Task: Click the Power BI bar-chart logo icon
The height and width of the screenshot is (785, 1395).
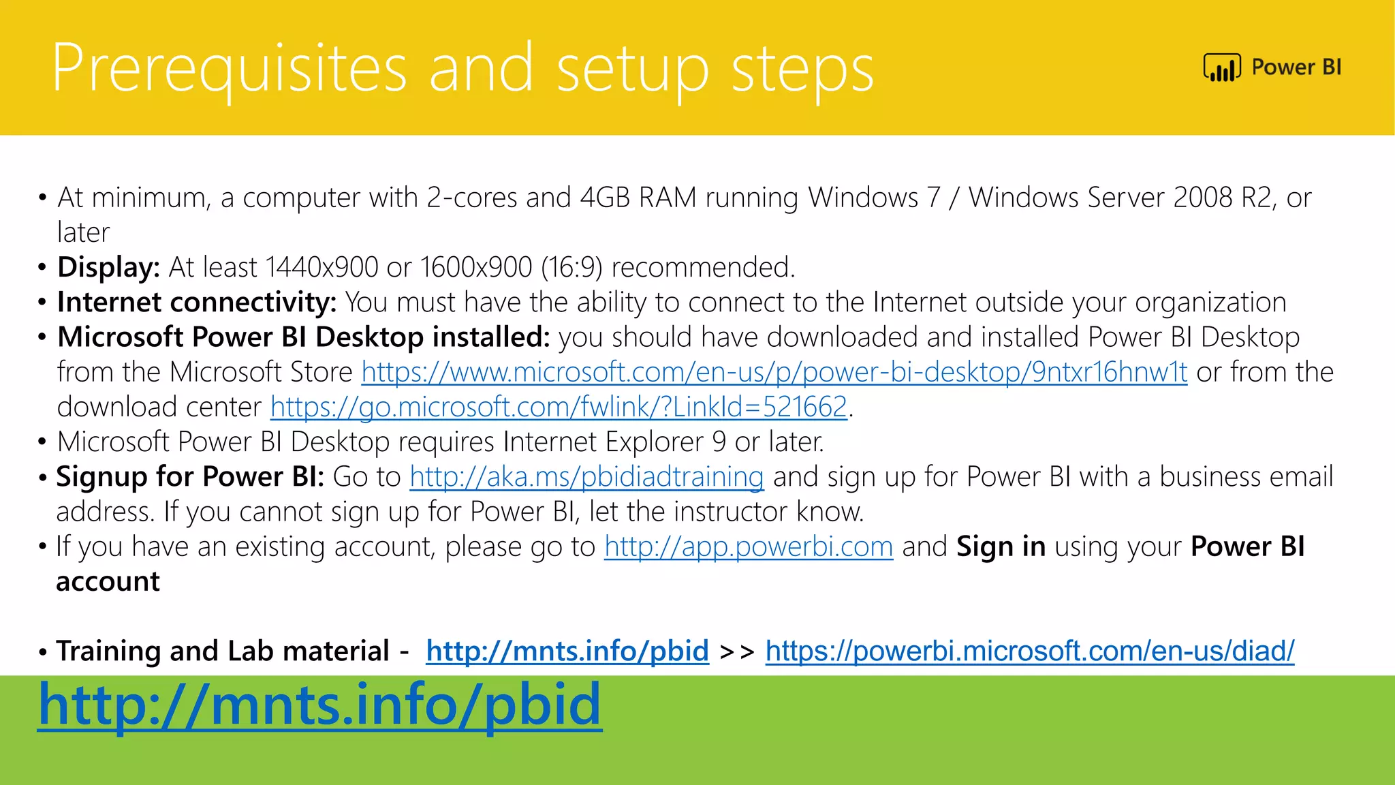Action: [x=1222, y=67]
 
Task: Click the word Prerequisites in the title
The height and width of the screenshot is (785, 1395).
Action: [x=229, y=68]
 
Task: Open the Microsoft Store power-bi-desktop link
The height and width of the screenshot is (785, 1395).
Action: [x=774, y=372]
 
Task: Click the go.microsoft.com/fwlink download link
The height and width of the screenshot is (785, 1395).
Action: [x=559, y=407]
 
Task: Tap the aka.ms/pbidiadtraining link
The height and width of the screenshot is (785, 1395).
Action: [x=586, y=476]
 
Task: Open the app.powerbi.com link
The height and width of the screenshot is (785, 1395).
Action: [x=748, y=547]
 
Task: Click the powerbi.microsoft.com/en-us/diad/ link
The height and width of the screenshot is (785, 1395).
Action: [x=1029, y=651]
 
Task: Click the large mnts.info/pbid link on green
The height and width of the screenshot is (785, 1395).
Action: [x=319, y=705]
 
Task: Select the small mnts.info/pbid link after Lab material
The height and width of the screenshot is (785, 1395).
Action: [x=567, y=651]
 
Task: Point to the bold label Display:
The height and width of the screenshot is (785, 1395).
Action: [x=108, y=267]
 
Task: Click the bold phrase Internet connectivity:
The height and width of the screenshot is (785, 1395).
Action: [x=197, y=302]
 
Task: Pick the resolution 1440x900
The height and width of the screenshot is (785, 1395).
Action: [x=322, y=267]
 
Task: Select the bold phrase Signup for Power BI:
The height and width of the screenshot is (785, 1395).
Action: [x=190, y=476]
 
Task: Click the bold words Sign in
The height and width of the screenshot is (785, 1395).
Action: [x=1001, y=547]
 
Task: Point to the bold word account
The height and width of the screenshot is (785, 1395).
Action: [x=108, y=581]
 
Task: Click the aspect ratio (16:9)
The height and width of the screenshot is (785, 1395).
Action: [x=571, y=267]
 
